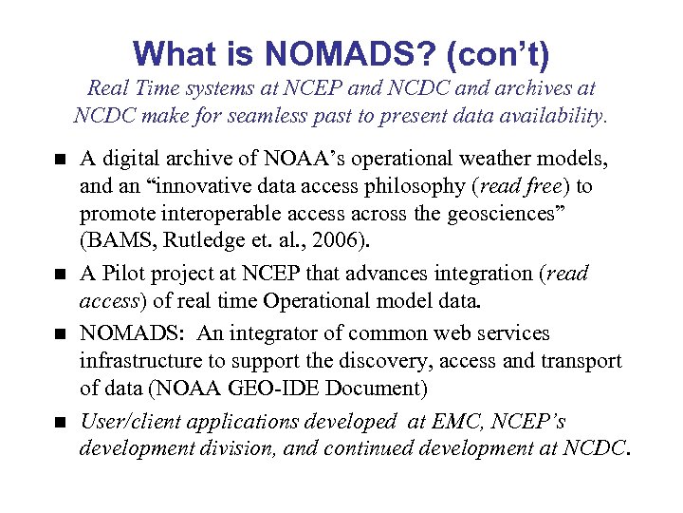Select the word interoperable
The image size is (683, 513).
pyautogui.click(x=214, y=214)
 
